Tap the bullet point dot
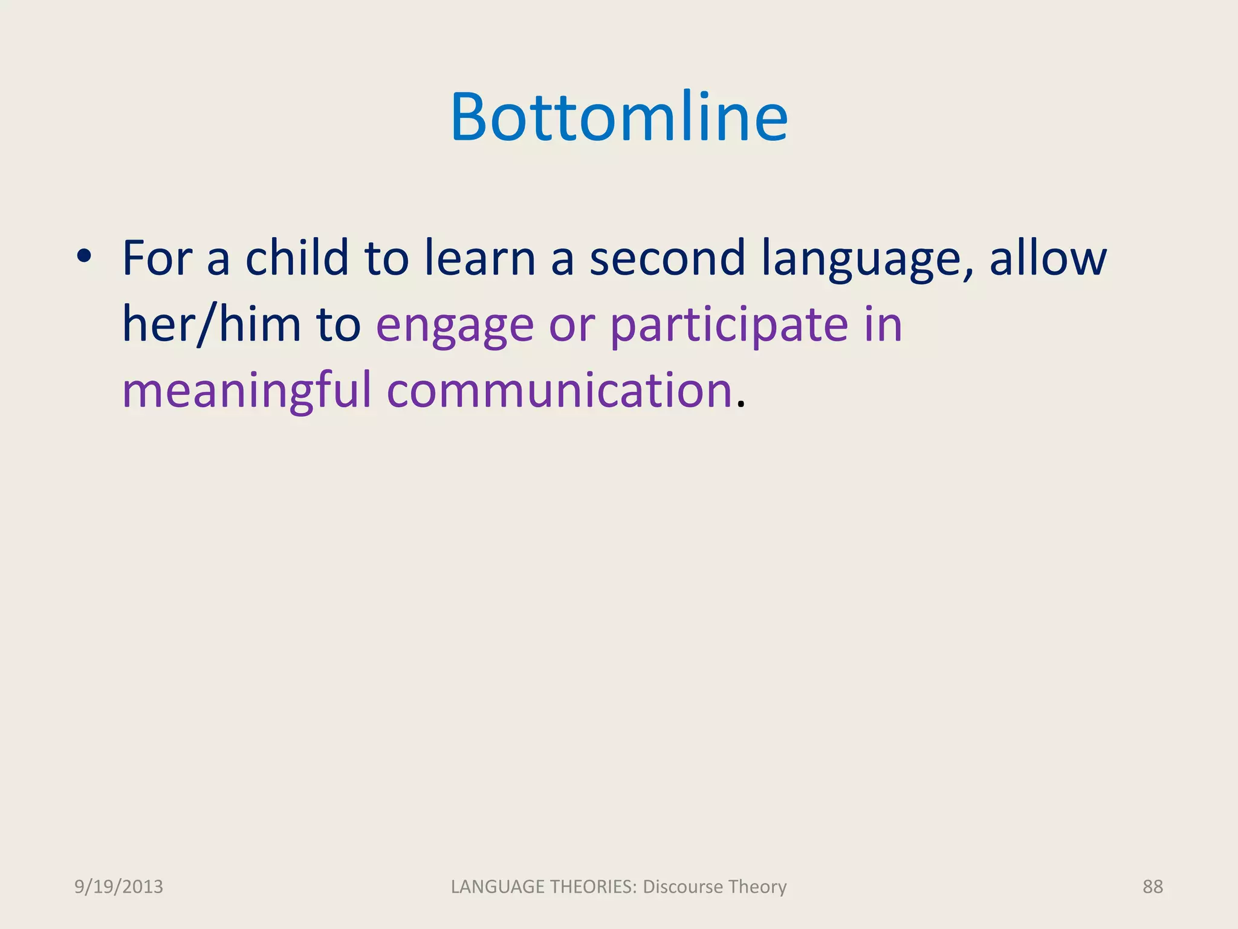pyautogui.click(x=84, y=256)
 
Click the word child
pyautogui.click(x=297, y=258)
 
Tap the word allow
pyautogui.click(x=1048, y=258)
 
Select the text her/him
pyautogui.click(x=212, y=324)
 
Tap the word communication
pyautogui.click(x=560, y=390)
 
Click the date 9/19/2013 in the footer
pyautogui.click(x=118, y=887)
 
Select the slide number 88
pyautogui.click(x=1152, y=887)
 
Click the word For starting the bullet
pyautogui.click(x=157, y=258)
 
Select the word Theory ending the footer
pyautogui.click(x=757, y=887)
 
